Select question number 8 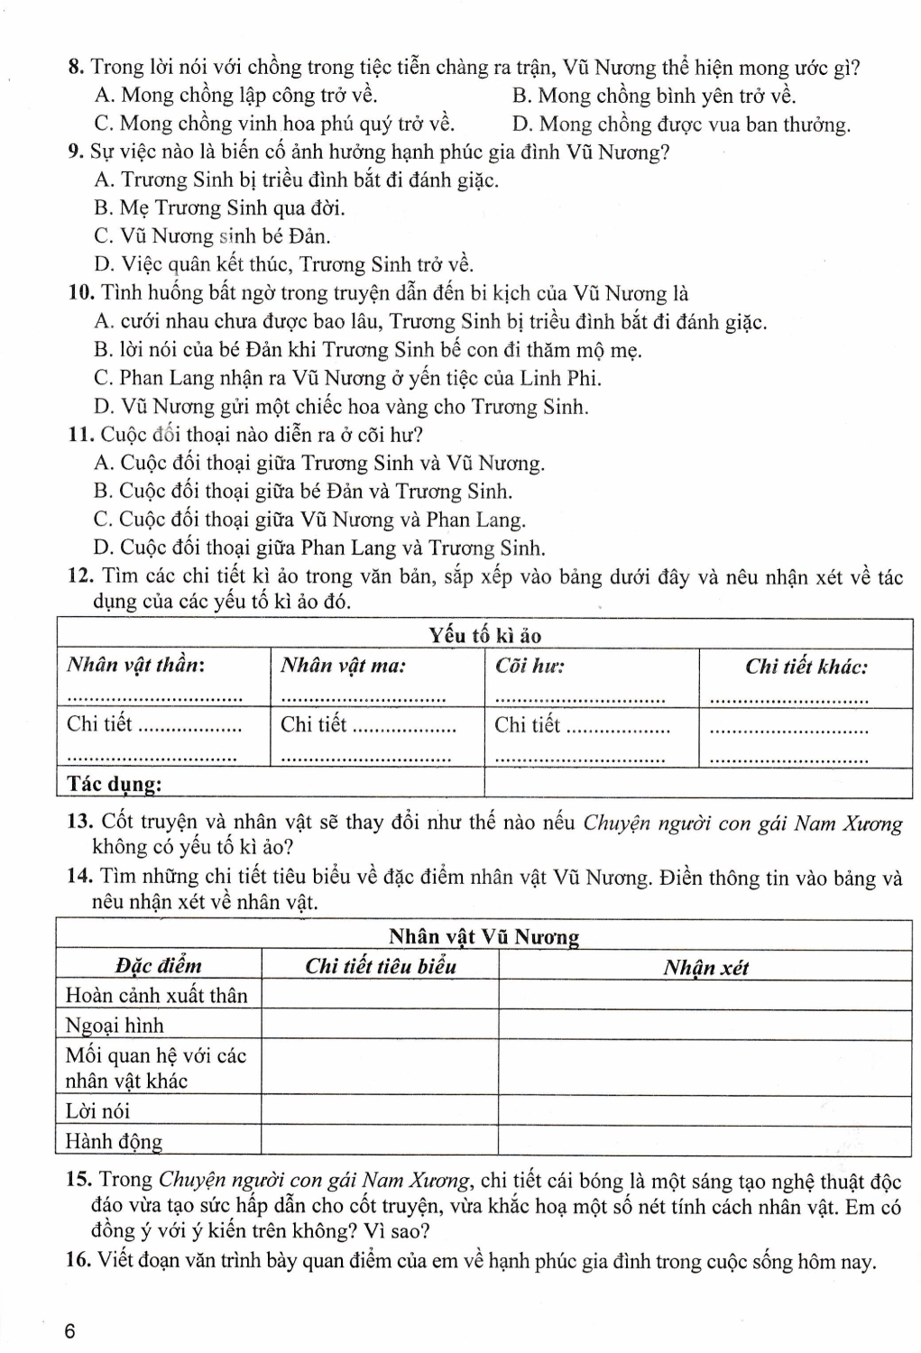[76, 68]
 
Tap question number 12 [81, 576]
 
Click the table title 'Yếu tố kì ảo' [484, 635]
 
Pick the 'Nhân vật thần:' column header [135, 667]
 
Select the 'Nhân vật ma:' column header [343, 667]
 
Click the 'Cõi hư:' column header [530, 667]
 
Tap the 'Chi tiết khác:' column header [806, 667]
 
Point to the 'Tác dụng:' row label [114, 784]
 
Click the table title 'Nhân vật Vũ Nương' [484, 936]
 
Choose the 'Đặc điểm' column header [158, 966]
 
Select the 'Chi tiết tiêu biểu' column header [380, 967]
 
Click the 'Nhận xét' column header [705, 968]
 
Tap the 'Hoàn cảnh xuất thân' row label [156, 996]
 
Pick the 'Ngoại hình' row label [115, 1026]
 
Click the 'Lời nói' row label [97, 1111]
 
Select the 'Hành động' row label [114, 1141]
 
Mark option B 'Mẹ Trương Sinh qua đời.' [219, 208]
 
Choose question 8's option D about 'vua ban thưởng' [681, 124]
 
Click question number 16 [78, 1260]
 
